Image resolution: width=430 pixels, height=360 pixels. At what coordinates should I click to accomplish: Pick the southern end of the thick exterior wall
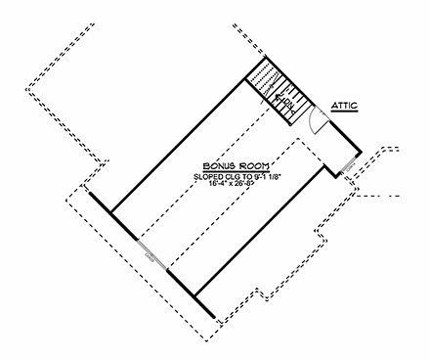click(212, 313)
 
